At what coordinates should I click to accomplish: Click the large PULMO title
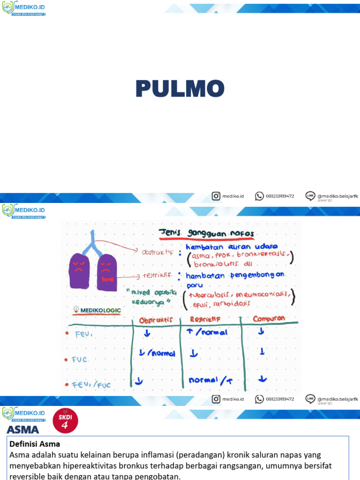(x=180, y=89)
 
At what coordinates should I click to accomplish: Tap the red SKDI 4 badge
(x=65, y=420)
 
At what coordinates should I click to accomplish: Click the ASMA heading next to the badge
(x=23, y=429)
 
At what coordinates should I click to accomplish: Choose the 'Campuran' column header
(x=269, y=318)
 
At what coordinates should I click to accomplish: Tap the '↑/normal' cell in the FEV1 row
(x=208, y=332)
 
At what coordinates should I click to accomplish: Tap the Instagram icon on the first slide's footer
(x=216, y=196)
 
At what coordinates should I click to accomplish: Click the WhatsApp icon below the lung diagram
(x=259, y=399)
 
